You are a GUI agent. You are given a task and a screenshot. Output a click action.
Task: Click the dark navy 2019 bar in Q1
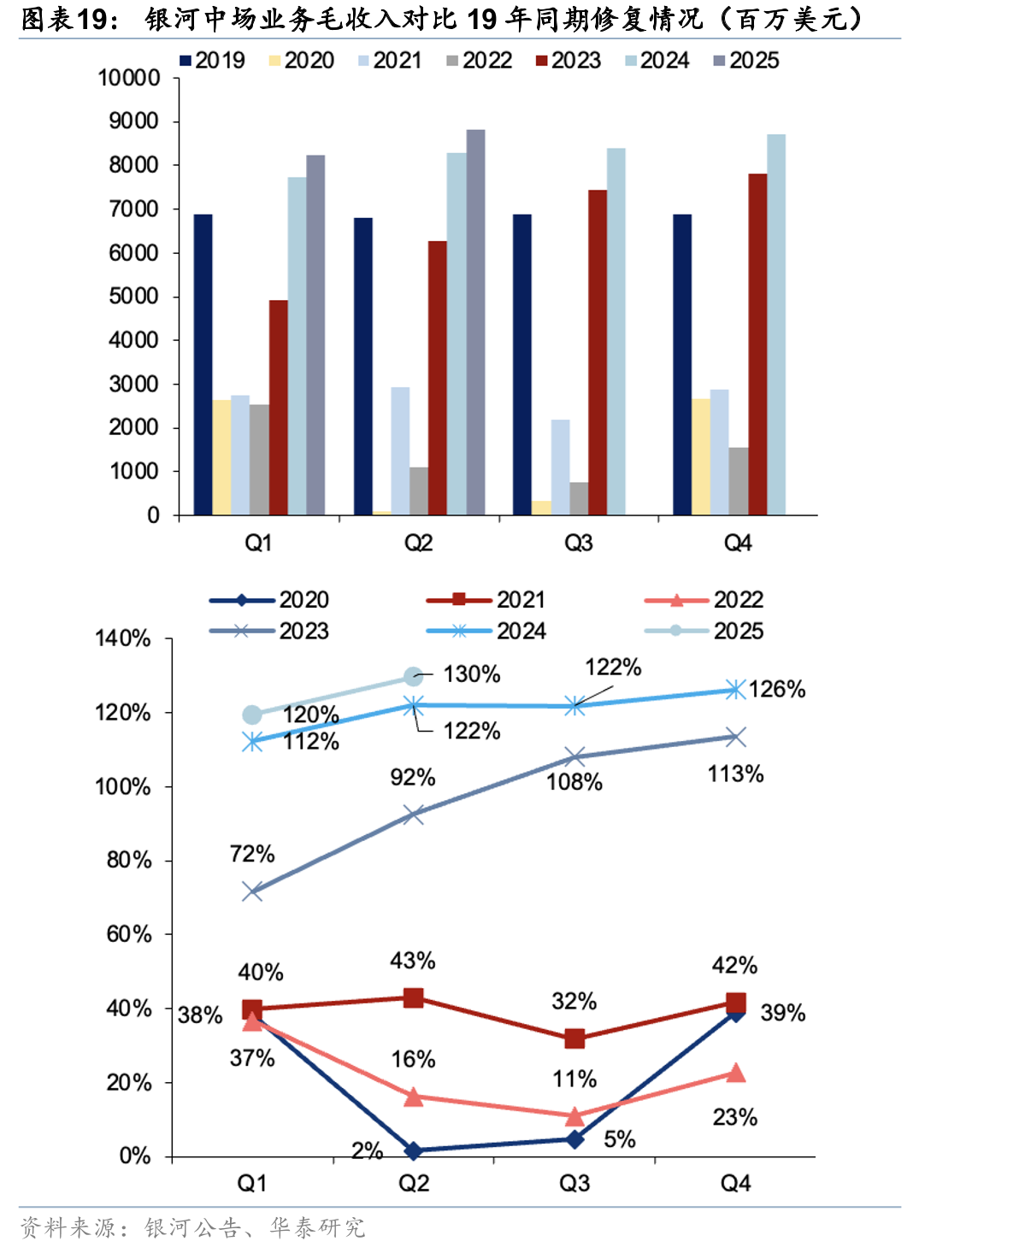pos(203,364)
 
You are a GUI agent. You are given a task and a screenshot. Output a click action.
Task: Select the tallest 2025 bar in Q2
pos(475,322)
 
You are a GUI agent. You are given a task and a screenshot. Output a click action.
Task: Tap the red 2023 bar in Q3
pos(598,352)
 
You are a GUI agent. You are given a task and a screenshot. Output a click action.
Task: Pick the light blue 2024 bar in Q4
pos(776,325)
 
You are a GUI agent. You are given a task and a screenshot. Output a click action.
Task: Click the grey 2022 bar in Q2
pos(419,491)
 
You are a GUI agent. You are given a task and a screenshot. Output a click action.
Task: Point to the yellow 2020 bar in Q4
pos(701,456)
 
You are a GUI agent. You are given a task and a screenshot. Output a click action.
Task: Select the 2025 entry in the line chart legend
pos(704,631)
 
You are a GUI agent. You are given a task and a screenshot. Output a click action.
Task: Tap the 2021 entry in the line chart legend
pos(486,599)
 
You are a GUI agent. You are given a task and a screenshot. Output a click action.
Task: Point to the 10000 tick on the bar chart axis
pos(129,78)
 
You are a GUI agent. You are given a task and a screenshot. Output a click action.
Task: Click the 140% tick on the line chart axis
pos(123,638)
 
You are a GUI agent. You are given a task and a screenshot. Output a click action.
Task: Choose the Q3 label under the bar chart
pos(578,543)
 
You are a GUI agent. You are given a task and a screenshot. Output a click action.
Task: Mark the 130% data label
pos(472,674)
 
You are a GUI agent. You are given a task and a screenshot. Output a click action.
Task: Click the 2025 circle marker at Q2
pos(413,676)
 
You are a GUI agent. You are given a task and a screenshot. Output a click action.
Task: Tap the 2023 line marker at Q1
pos(252,891)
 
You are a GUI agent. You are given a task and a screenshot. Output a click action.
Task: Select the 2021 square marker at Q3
pos(574,1038)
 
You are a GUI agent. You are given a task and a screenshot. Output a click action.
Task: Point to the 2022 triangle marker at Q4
pos(736,1073)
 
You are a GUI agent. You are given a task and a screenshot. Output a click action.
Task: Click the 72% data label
pos(252,855)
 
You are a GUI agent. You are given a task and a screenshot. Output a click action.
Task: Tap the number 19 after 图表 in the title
pos(92,19)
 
